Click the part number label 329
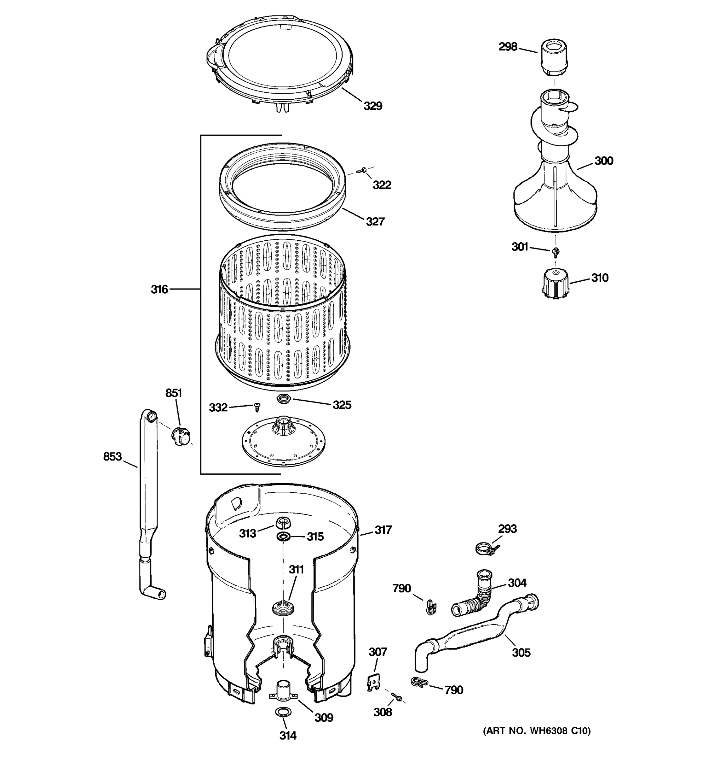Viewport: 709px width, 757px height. pos(372,106)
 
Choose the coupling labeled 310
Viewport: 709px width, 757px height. pos(555,283)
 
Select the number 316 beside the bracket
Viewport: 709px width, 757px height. pos(159,290)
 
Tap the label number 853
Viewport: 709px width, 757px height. pos(112,456)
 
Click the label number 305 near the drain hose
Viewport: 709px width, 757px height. pos(521,653)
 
